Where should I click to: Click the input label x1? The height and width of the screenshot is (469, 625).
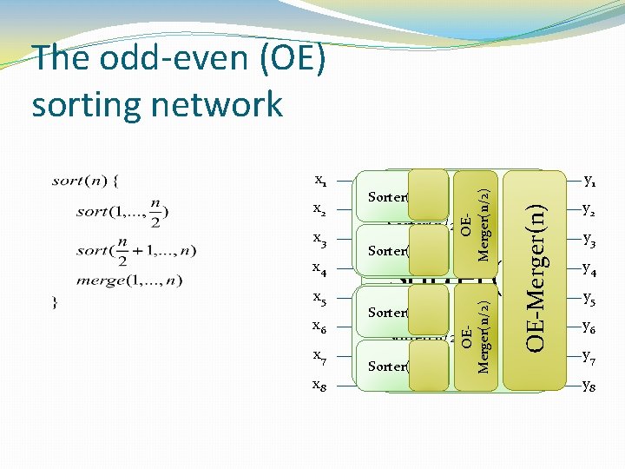[319, 182]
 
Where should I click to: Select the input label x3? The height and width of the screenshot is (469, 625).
[319, 239]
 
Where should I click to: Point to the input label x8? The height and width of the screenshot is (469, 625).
[319, 385]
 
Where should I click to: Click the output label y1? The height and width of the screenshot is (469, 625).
[590, 182]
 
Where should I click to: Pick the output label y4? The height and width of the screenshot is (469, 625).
[590, 268]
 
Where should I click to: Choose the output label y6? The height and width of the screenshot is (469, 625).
[590, 327]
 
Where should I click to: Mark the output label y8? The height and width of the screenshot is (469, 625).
[590, 385]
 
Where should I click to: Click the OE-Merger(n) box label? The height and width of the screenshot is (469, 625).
[537, 278]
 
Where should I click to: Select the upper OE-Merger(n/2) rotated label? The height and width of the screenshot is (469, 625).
[476, 214]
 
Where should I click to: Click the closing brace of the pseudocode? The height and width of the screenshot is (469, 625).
[55, 303]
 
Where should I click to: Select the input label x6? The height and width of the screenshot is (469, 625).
[319, 327]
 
